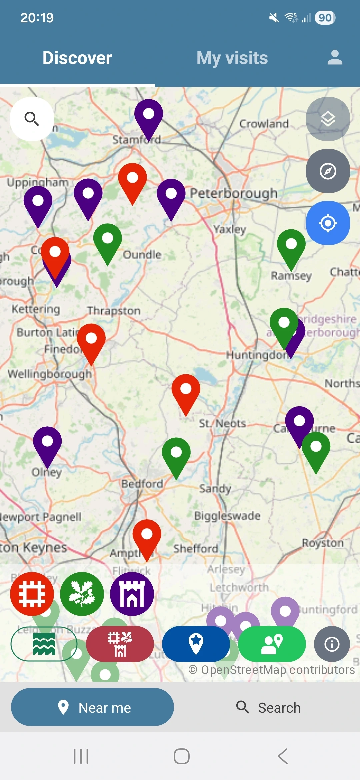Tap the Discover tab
77,58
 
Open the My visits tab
232,58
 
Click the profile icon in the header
335,57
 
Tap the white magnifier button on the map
32,119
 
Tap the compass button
328,171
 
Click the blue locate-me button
328,223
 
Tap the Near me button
92,707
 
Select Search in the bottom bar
269,707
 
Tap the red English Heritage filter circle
32,594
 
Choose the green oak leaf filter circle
82,594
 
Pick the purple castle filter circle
132,594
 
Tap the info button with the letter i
332,644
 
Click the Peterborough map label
234,193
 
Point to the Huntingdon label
257,355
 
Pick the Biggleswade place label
227,516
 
